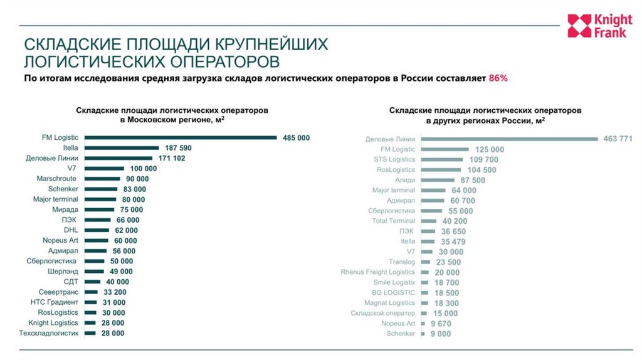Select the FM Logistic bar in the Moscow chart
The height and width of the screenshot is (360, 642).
pos(181,137)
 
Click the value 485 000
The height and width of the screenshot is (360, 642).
pos(296,137)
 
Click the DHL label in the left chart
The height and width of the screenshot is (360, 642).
pos(71,230)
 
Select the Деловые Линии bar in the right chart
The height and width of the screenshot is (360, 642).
pos(509,139)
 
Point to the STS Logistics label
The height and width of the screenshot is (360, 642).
pos(394,160)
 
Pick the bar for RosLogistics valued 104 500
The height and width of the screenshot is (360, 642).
pos(442,170)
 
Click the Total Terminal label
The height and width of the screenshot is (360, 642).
pos(394,221)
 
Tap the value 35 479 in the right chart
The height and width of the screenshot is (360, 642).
pos(453,241)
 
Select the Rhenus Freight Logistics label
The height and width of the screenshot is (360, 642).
pos(378,272)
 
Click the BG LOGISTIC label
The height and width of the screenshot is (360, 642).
pos(394,293)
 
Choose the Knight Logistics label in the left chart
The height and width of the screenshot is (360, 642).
pos(53,322)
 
